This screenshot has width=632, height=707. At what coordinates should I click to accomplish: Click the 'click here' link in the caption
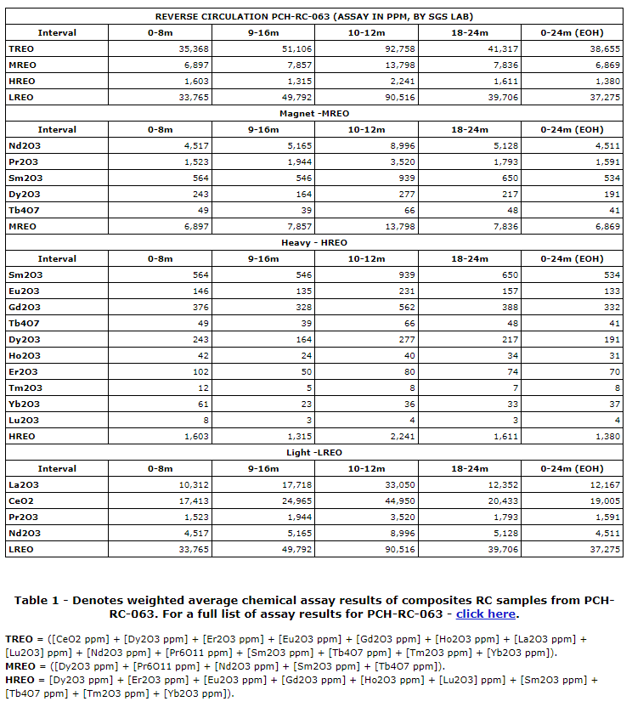click(486, 614)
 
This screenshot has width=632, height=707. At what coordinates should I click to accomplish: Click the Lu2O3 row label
click(25, 421)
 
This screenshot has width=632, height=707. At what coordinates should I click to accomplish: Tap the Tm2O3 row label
click(25, 388)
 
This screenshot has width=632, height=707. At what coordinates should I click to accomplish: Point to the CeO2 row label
click(21, 501)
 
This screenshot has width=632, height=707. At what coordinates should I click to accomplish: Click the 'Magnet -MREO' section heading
click(314, 114)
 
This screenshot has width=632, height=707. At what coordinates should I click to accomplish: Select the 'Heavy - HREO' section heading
click(314, 243)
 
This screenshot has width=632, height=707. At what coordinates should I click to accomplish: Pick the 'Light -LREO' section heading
click(314, 453)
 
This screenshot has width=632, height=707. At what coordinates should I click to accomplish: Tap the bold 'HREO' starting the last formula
click(20, 681)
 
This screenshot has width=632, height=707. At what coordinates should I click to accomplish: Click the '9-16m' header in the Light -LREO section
click(263, 469)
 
